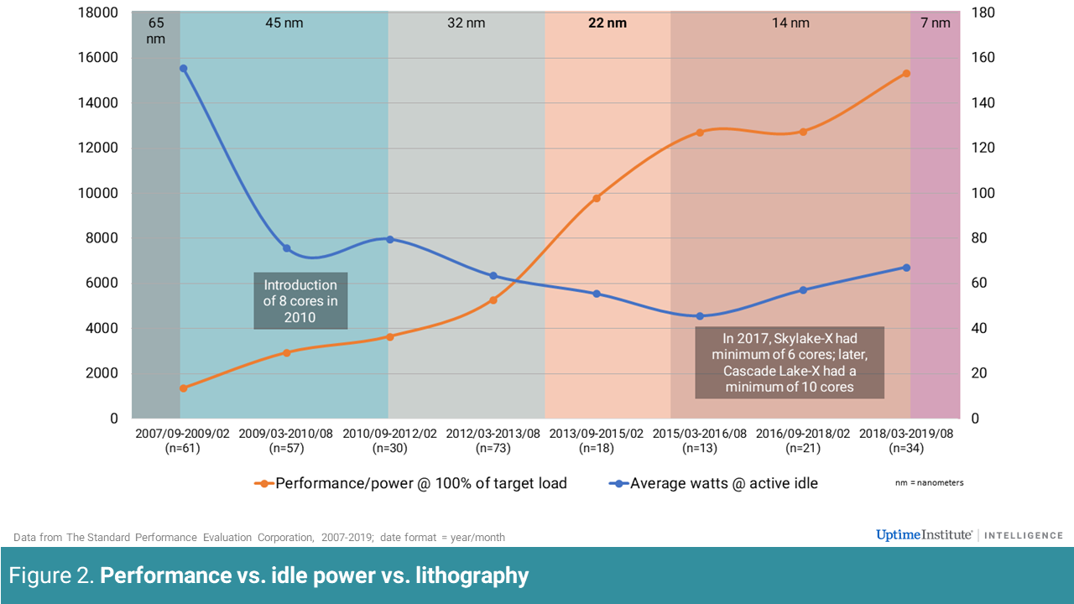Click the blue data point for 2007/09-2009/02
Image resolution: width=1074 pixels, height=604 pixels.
[183, 69]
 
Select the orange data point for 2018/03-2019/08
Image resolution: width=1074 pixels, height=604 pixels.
[906, 74]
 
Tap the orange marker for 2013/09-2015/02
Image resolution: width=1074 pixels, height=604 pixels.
[597, 199]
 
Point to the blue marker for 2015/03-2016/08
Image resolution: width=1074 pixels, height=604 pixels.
[700, 316]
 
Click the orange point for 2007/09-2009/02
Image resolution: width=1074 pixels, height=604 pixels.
[183, 388]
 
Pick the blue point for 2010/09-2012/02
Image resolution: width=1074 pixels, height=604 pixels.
[390, 239]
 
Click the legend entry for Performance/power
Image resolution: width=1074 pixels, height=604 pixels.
[411, 483]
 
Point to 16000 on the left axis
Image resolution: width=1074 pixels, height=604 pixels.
[97, 58]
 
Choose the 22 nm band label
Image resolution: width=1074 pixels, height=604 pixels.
[607, 23]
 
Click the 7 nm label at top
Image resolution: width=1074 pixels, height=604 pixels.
[936, 23]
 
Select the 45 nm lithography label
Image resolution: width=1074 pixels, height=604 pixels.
[284, 23]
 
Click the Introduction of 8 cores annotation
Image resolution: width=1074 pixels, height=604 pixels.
[300, 300]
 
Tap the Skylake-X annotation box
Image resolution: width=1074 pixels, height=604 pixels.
[790, 362]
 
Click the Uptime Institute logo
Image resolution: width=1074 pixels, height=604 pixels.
[924, 535]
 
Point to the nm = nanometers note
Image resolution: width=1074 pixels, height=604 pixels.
[930, 483]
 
